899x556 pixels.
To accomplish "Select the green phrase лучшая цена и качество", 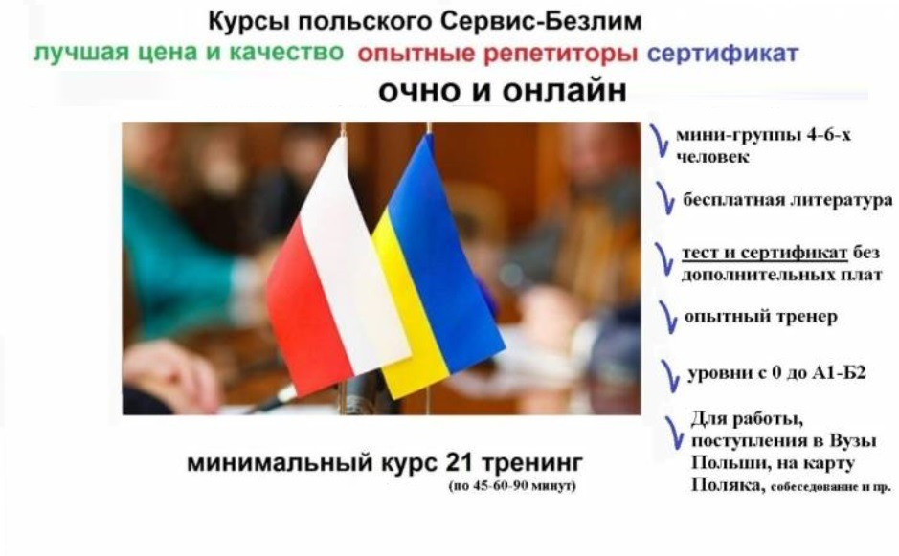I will (188, 53).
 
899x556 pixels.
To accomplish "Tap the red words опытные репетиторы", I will (497, 54).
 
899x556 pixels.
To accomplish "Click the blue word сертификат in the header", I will (722, 54).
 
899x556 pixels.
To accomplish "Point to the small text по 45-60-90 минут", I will (511, 488).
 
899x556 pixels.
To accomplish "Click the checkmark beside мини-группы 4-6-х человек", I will (659, 140).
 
